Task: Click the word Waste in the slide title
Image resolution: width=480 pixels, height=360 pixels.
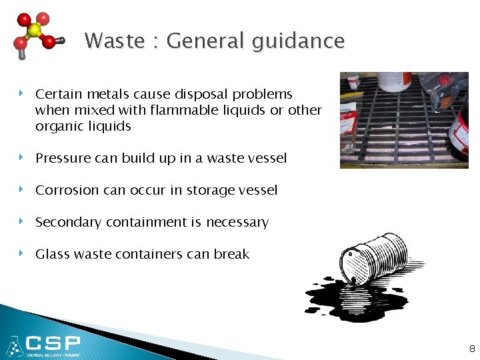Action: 115,41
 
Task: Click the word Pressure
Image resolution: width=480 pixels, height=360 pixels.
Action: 63,158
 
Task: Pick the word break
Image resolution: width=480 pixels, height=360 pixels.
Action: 231,254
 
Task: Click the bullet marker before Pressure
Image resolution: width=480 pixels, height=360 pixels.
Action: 22,157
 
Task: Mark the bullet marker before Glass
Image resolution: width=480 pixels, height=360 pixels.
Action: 22,253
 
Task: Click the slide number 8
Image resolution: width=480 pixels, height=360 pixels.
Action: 472,348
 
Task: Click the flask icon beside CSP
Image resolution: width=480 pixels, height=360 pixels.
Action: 13,345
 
